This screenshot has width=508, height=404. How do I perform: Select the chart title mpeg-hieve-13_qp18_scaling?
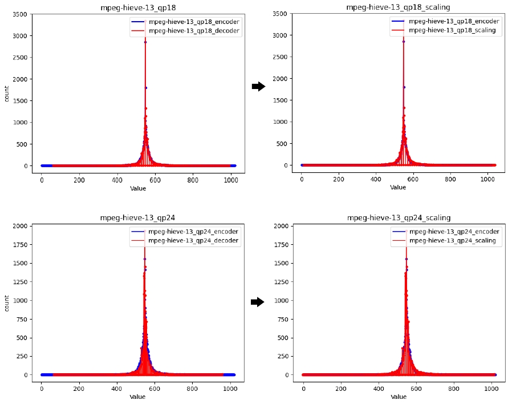(399, 7)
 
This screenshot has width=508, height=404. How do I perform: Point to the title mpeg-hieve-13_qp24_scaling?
(399, 217)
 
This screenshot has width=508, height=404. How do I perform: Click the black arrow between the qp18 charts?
(258, 86)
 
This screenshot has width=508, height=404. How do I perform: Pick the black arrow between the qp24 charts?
(258, 302)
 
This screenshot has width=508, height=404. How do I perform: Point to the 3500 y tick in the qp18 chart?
(19, 14)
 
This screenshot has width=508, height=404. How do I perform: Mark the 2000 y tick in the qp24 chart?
(19, 226)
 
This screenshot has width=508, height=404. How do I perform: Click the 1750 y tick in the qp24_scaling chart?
(281, 244)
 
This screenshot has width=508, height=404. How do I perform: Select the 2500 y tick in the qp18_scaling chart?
(281, 57)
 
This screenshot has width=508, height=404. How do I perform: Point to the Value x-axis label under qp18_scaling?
(398, 187)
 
